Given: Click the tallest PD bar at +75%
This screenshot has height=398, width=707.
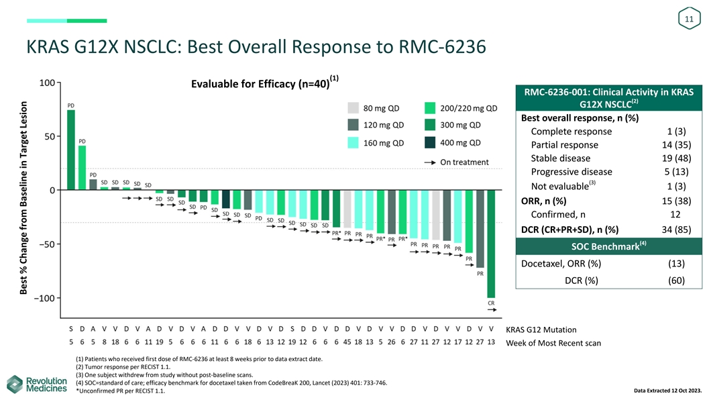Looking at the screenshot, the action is point(71,150).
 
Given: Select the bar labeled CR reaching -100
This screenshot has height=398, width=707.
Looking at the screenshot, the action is point(491,244).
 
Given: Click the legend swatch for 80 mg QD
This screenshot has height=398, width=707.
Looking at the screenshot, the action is point(353,108).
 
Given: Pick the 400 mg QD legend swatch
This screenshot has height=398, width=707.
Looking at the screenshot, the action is point(430,142).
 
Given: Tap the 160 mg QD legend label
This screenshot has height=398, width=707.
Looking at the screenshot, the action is point(384,143).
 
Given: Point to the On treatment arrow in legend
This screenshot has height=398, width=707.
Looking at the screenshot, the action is point(430,162).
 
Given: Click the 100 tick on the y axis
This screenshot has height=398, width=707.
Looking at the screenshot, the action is point(47,83).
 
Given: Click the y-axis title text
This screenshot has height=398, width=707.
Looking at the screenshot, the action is point(23,197).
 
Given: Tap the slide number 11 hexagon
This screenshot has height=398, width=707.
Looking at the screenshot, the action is point(689,19).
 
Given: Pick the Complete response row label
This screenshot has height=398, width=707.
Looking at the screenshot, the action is point(572,132).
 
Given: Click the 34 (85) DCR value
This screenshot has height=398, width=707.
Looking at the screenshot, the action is point(676,230).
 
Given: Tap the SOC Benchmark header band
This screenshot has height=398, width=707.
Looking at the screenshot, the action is point(608,246).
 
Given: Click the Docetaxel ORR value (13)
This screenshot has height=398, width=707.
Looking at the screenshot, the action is point(676,264).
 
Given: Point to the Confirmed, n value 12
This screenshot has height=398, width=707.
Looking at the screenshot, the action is point(675,214).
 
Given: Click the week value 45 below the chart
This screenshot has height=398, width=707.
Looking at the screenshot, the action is point(347,342).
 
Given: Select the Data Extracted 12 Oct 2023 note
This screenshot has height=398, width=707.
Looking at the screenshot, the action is point(668,391).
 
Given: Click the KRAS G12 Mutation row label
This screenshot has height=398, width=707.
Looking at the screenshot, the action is point(541,330).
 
